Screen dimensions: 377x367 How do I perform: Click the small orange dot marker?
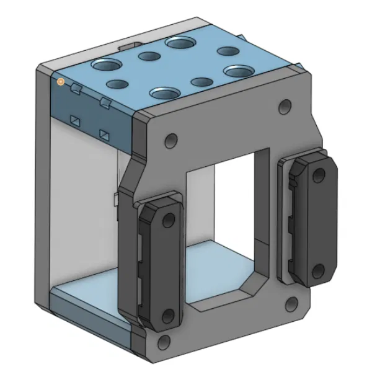click(x=61, y=81)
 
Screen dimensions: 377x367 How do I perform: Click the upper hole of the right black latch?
click(x=318, y=175)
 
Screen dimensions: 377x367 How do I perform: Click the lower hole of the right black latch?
click(x=318, y=270)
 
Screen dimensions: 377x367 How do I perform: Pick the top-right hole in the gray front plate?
click(x=285, y=107)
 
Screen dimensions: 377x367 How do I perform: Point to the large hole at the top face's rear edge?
click(x=179, y=43)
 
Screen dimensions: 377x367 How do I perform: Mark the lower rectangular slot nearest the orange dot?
click(x=75, y=118)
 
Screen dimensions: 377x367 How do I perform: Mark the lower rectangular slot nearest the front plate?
click(x=104, y=133)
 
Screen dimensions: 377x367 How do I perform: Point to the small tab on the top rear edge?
click(x=129, y=45)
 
